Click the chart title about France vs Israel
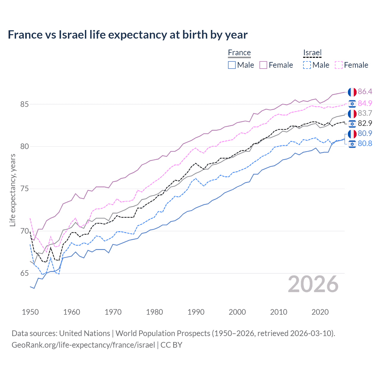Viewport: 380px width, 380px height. coord(128,35)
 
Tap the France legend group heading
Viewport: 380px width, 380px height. coord(239,53)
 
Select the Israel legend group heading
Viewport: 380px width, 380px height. coord(312,53)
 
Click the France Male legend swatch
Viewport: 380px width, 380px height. coord(232,65)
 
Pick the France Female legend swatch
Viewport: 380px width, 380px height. coord(263,65)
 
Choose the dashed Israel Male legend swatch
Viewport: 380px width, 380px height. coord(307,65)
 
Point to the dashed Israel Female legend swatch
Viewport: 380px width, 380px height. coord(339,65)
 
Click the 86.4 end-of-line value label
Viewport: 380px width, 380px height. coord(365,92)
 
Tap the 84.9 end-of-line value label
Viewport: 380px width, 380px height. coord(365,103)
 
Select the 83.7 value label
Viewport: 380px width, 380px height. coord(365,113)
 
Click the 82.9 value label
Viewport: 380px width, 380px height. coord(365,123)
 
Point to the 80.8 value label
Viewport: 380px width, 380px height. coord(365,144)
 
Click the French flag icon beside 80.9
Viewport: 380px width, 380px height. coord(352,134)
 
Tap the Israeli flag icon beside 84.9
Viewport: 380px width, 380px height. coord(352,103)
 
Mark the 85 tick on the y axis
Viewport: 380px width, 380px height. coord(25,104)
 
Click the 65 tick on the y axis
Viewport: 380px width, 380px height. coord(25,273)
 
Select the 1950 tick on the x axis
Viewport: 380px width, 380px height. coord(30,312)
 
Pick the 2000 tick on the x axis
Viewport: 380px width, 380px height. coord(237,312)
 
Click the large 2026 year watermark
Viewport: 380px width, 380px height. coord(313,284)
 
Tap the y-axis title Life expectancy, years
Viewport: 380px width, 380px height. coord(13,190)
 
